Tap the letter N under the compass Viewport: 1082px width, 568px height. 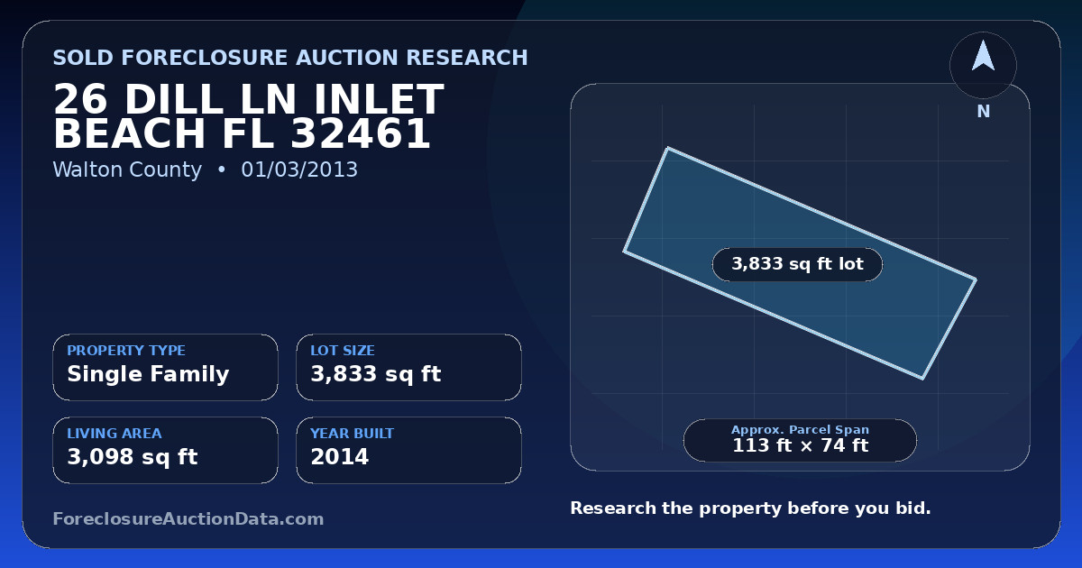tap(984, 112)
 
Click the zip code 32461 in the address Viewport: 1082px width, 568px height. tap(361, 133)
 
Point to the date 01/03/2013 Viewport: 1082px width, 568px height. tap(299, 169)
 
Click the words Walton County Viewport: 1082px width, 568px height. tap(127, 170)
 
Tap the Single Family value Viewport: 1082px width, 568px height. tap(148, 374)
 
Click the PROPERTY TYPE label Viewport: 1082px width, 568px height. tap(126, 350)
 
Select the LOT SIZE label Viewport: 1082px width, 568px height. tap(343, 350)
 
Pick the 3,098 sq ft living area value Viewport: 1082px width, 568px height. tap(133, 457)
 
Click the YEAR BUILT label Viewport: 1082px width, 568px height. tap(353, 434)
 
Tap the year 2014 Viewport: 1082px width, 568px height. tap(340, 457)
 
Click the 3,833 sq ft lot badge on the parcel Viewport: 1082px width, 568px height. tap(797, 264)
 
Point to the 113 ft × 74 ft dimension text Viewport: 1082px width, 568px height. tap(801, 445)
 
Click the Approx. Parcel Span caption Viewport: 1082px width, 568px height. tap(801, 429)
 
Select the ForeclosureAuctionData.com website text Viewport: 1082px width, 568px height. tap(188, 518)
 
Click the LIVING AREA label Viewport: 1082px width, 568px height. tap(115, 434)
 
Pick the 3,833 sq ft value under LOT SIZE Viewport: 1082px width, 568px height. tap(376, 374)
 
